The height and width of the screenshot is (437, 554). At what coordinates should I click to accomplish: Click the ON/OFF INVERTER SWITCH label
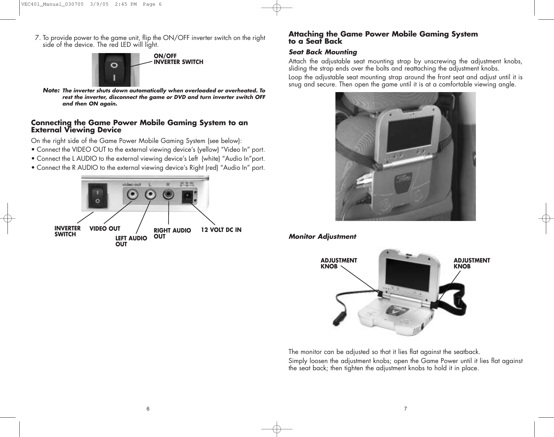pos(178,59)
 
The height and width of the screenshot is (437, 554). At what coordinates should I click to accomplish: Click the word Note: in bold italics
pos(51,91)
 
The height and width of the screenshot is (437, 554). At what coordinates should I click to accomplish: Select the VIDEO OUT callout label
pos(105,228)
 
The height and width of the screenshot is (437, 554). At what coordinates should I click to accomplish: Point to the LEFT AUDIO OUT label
pos(131,241)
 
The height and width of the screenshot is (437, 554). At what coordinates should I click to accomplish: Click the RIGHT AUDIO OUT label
pos(172,233)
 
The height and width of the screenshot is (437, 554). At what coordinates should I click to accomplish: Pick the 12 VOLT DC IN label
pos(221,230)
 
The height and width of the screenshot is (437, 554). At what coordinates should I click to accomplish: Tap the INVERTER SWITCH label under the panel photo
pos(67,231)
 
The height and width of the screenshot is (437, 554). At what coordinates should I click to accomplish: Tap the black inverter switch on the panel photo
pos(98,195)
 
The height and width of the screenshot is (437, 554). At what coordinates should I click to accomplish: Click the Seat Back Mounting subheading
pos(323,52)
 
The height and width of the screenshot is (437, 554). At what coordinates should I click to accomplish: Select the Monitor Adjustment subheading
pos(322,237)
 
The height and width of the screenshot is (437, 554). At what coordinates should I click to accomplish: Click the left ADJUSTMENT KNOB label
pos(339,263)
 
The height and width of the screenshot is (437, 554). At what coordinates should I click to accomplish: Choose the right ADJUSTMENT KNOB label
pos(471,263)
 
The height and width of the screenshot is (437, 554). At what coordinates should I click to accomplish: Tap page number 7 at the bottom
pos(405,409)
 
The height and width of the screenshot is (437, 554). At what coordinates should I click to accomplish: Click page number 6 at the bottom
pos(148,409)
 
